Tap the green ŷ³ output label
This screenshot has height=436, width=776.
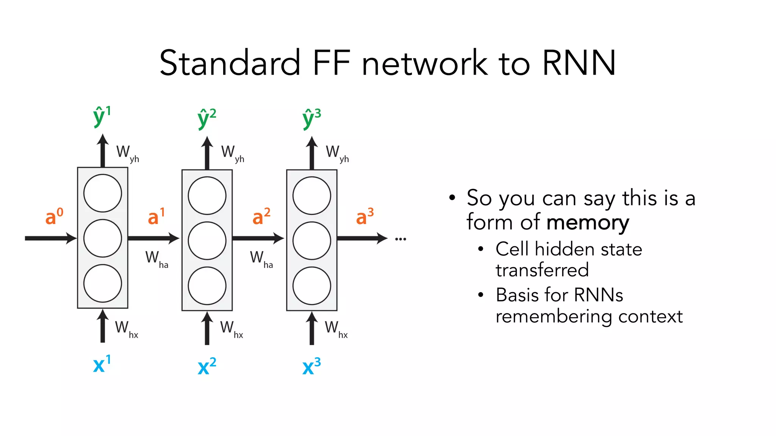click(x=311, y=118)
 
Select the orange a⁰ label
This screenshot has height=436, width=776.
click(x=54, y=217)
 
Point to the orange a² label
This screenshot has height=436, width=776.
click(x=261, y=217)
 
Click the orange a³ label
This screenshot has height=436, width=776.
click(x=365, y=217)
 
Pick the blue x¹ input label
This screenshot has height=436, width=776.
click(x=102, y=364)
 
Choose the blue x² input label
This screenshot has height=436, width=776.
click(x=207, y=366)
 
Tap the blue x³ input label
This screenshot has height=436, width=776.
click(x=311, y=366)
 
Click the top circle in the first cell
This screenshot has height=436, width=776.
click(x=103, y=193)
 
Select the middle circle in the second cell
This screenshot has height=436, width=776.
click(x=207, y=241)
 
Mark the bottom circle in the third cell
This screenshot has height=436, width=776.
click(x=312, y=286)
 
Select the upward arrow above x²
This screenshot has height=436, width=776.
click(x=207, y=328)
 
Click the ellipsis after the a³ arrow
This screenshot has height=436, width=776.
click(x=401, y=239)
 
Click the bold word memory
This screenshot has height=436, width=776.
click(x=588, y=223)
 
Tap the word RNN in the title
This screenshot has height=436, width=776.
click(x=579, y=63)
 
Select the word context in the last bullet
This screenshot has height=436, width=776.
click(x=650, y=316)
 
